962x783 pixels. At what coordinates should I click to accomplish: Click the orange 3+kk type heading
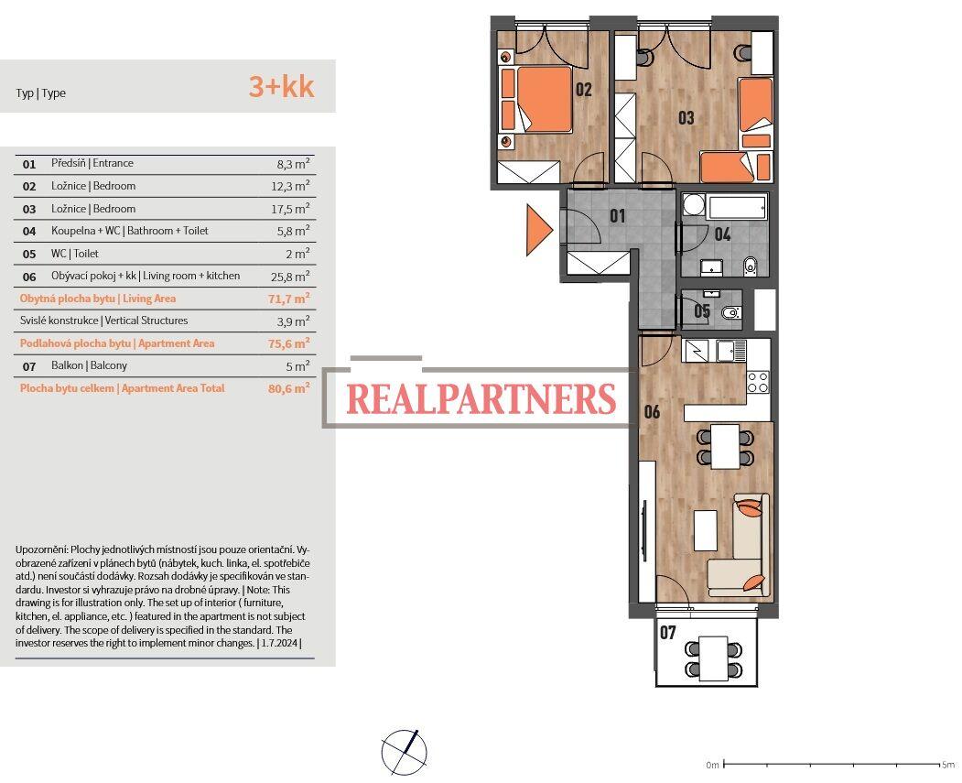[x=281, y=87]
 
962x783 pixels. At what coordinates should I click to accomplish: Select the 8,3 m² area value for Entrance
[x=293, y=164]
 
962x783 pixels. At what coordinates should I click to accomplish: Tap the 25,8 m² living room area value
[x=293, y=276]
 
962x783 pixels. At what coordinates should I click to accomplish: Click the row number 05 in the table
[x=29, y=254]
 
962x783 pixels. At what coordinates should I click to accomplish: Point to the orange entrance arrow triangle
[x=537, y=230]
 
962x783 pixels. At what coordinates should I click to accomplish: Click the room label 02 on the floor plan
[x=583, y=90]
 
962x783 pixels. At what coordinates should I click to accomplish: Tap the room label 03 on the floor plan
[x=686, y=118]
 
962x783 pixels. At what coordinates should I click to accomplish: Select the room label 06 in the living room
[x=652, y=412]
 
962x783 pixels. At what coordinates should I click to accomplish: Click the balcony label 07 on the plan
[x=668, y=633]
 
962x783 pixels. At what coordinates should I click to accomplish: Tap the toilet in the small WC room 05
[x=730, y=313]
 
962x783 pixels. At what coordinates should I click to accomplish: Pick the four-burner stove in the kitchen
[x=758, y=382]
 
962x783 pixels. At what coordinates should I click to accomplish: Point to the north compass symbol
[x=404, y=752]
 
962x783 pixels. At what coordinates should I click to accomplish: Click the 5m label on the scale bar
[x=947, y=765]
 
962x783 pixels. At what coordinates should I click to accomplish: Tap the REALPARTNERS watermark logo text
[x=481, y=399]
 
